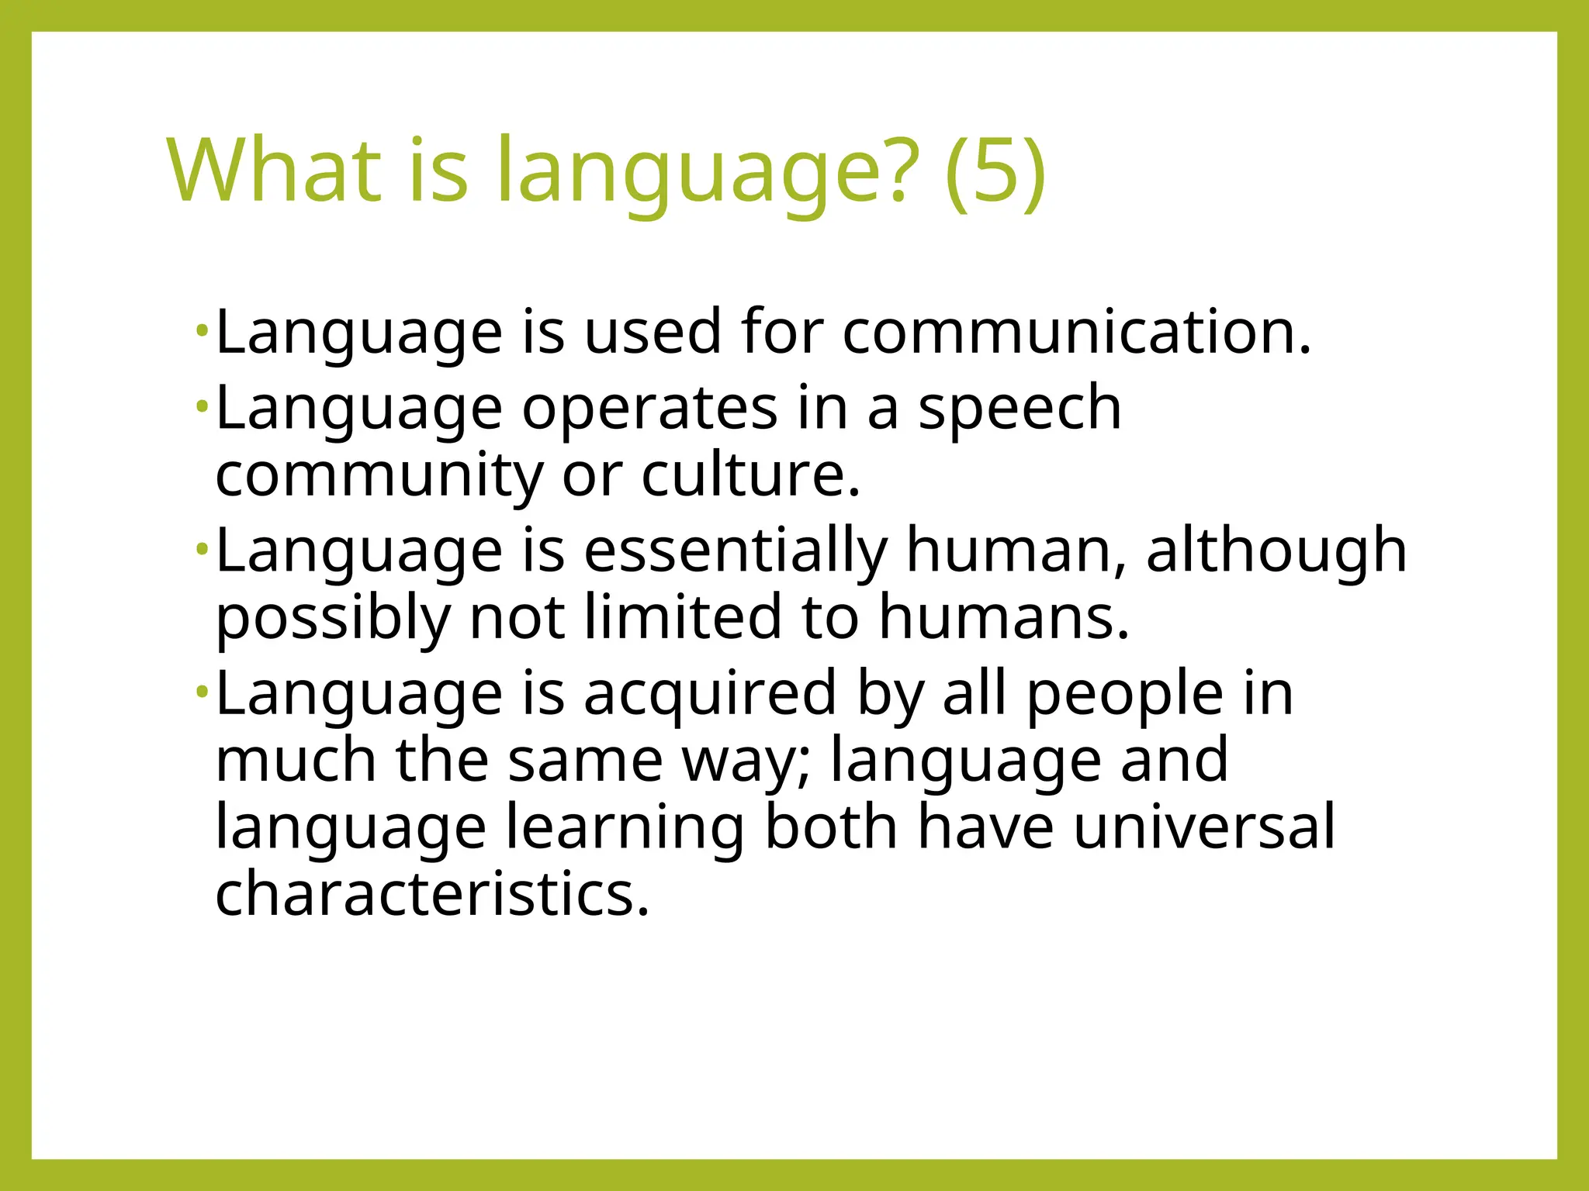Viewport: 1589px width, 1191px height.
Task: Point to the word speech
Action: (1020, 409)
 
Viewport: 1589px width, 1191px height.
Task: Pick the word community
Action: (379, 475)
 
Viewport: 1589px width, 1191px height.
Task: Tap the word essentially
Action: (735, 551)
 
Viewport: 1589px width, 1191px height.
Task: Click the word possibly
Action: (333, 618)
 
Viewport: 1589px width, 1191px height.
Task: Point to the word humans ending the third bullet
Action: (1003, 618)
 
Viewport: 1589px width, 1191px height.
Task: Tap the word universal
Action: (1204, 827)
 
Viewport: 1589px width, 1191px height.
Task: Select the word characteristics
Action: (431, 894)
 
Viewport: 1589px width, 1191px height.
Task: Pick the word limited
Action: (683, 618)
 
